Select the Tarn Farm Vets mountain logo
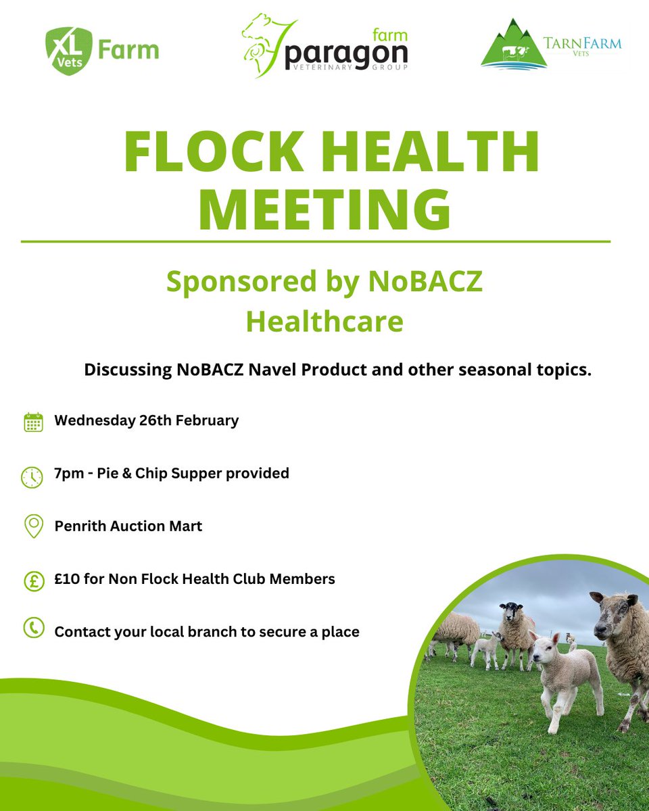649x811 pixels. [x=510, y=47]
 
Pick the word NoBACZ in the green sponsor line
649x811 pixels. [x=425, y=282]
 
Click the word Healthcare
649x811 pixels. [x=324, y=322]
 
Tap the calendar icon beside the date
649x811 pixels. [x=33, y=422]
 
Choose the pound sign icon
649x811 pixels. [x=33, y=581]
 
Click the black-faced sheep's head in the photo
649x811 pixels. [x=511, y=614]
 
